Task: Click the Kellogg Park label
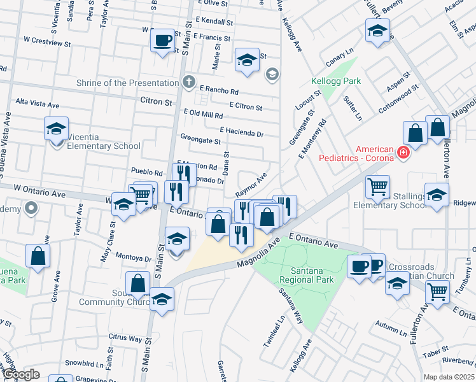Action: click(x=335, y=81)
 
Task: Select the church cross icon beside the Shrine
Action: click(x=188, y=82)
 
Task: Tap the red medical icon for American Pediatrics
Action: click(x=402, y=152)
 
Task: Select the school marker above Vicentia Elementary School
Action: click(x=56, y=128)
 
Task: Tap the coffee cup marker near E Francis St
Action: click(x=162, y=40)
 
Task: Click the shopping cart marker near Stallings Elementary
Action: click(x=377, y=186)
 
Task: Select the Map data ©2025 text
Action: click(x=449, y=377)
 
